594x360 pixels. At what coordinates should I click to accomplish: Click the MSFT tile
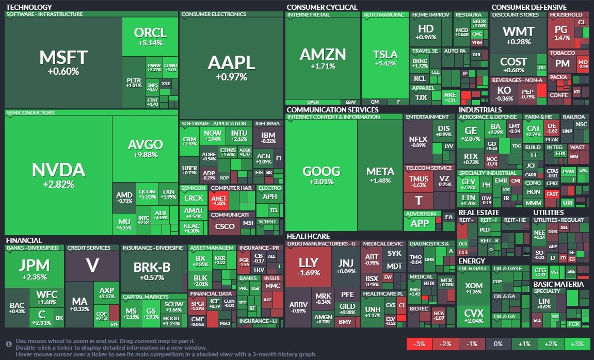point(63,62)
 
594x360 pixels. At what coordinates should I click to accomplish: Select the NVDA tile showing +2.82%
point(58,174)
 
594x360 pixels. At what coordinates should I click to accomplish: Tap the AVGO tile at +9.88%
point(145,150)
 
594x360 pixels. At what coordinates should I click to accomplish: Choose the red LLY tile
point(309,266)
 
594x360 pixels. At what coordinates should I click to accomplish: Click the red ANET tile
point(218,200)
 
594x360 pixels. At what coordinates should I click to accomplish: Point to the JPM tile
point(34,269)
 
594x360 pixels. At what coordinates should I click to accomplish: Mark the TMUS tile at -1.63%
point(418,182)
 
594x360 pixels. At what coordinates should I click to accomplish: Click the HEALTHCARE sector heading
point(308,236)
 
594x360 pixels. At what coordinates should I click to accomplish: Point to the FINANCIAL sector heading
point(24,240)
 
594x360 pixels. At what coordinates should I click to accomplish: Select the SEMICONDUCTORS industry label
point(30,112)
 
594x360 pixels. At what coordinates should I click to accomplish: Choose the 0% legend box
point(498,344)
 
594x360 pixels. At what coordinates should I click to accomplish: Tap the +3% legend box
point(576,344)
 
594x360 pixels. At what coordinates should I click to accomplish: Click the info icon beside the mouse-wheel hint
point(9,343)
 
